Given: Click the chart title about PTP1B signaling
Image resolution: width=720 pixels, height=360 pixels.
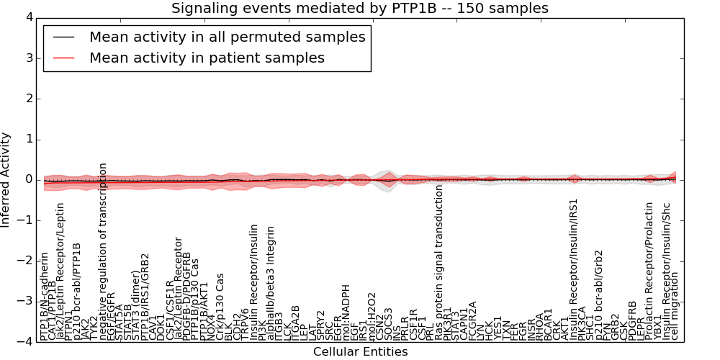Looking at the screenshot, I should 359,8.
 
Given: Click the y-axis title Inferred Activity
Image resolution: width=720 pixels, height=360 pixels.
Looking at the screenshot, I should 6,180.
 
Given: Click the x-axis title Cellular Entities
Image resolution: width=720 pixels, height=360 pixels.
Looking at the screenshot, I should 360,352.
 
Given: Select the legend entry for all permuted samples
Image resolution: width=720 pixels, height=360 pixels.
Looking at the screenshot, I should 227,37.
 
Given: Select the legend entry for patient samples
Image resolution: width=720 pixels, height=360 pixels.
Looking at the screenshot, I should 207,58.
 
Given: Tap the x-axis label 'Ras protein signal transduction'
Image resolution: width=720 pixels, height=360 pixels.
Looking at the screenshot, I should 439,262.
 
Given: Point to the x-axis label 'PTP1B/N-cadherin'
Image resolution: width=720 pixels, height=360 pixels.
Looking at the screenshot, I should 45,296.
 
